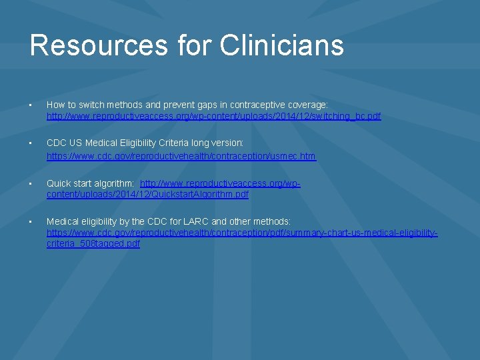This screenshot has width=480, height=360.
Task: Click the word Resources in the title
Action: [x=99, y=45]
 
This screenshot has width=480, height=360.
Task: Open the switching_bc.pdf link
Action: [x=213, y=116]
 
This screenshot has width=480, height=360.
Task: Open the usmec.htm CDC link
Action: [x=181, y=156]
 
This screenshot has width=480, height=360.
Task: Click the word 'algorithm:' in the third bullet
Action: [x=114, y=183]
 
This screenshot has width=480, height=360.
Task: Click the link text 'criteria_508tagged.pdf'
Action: [x=93, y=243]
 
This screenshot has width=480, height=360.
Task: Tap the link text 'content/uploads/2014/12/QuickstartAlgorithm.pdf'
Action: [x=147, y=194]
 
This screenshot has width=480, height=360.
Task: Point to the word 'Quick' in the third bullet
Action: [x=59, y=183]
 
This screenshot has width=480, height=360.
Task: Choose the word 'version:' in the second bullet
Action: [x=226, y=143]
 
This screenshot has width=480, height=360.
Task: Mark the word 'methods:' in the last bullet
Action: [x=273, y=221]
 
